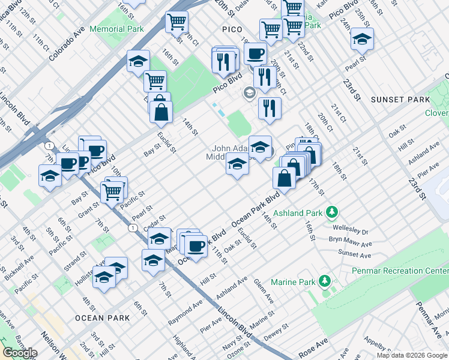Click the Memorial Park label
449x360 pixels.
pyautogui.click(x=116, y=29)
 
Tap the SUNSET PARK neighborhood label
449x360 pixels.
pyautogui.click(x=400, y=100)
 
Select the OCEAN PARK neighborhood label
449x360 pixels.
pyautogui.click(x=98, y=317)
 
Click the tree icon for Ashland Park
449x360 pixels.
pyautogui.click(x=330, y=212)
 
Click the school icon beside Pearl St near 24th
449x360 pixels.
pyautogui.click(x=362, y=40)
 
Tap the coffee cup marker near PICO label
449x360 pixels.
pyautogui.click(x=256, y=53)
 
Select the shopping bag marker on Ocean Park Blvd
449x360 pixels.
pyautogui.click(x=284, y=178)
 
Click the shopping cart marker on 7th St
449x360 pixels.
pyautogui.click(x=112, y=192)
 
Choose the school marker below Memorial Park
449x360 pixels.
pyautogui.click(x=138, y=62)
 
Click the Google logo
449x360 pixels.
pyautogui.click(x=19, y=353)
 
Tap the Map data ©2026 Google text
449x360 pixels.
pyautogui.click(x=412, y=355)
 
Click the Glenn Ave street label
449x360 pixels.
pyautogui.click(x=263, y=291)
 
